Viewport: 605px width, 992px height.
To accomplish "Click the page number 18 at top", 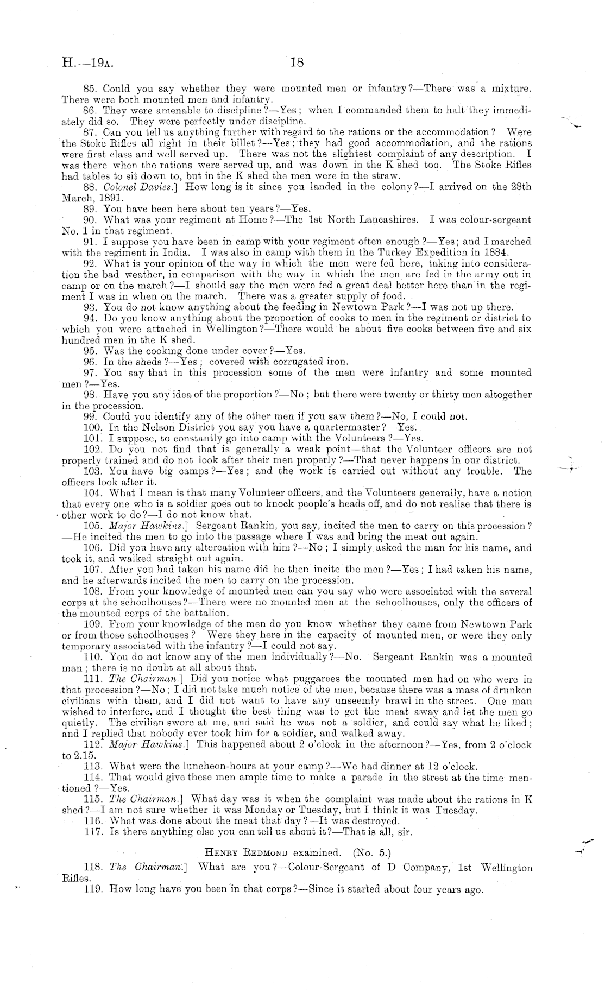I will [x=297, y=62].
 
